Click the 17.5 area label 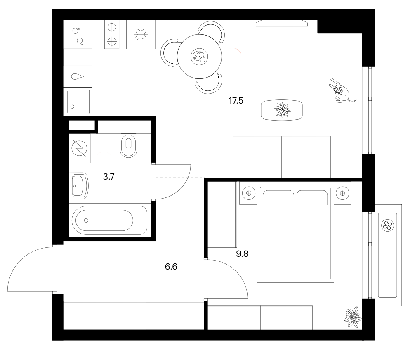[x=236, y=101]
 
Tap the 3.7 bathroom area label [x=108, y=176]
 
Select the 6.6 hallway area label [x=171, y=266]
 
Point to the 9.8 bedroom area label [x=242, y=254]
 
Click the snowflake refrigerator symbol [x=141, y=34]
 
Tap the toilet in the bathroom [x=129, y=145]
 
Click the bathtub [x=110, y=220]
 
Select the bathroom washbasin [x=79, y=186]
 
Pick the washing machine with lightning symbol [x=79, y=148]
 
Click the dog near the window [x=342, y=91]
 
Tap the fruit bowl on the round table [x=199, y=57]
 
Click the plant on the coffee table [x=282, y=110]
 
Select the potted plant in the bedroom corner [x=353, y=317]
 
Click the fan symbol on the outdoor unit [x=387, y=226]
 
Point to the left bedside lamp [x=248, y=193]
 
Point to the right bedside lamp [x=342, y=193]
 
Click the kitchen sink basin [x=78, y=102]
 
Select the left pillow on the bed [x=278, y=198]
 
